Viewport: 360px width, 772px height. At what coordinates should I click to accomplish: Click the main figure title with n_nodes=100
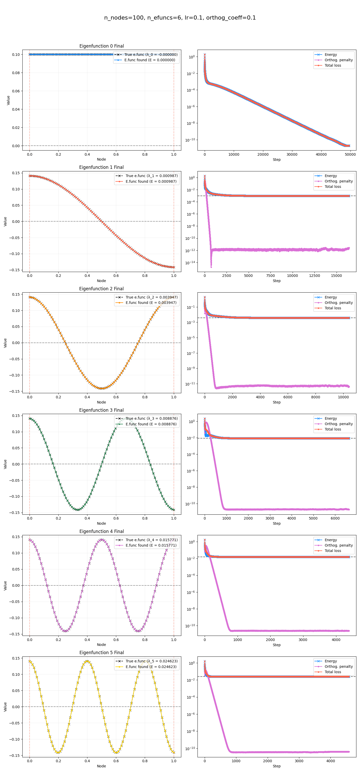(x=180, y=18)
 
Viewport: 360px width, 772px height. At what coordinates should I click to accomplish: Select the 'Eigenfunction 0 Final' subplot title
(x=102, y=46)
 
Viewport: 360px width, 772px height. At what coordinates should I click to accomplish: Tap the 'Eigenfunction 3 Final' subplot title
(x=102, y=410)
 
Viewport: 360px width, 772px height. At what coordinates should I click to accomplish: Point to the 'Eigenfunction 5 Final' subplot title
(x=102, y=652)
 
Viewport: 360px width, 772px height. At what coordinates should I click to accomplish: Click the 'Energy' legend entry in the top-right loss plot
(x=331, y=55)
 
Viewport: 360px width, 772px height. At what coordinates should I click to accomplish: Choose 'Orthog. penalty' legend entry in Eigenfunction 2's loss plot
(x=338, y=303)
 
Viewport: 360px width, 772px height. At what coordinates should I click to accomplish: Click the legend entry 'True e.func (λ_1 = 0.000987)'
(x=151, y=176)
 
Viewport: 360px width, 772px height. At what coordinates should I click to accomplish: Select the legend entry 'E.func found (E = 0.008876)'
(x=151, y=424)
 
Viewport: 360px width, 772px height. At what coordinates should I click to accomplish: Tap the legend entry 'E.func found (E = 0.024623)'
(x=151, y=667)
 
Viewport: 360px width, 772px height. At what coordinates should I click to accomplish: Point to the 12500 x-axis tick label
(x=314, y=276)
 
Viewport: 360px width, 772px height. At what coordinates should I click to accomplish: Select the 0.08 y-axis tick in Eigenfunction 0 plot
(x=16, y=73)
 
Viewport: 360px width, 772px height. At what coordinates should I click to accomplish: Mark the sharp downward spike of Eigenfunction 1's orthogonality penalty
(x=211, y=266)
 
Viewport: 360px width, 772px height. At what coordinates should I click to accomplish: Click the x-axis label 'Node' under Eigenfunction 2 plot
(x=102, y=402)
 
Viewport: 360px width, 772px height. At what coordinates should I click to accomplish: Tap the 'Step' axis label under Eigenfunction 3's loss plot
(x=277, y=524)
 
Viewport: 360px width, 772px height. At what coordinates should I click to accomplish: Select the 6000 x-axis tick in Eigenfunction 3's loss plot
(x=335, y=518)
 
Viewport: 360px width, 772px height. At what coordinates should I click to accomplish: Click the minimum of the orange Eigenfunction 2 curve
(x=102, y=388)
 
